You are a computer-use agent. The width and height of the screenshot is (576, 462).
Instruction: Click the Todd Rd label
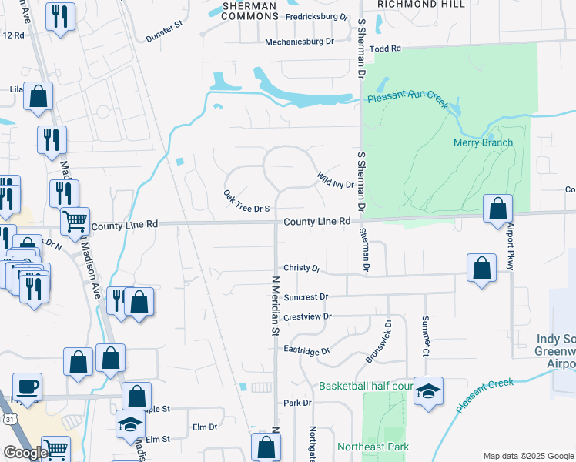(x=386, y=49)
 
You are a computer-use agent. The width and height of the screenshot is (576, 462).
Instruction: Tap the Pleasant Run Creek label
(x=407, y=100)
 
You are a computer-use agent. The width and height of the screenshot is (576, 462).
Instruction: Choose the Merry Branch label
(x=483, y=142)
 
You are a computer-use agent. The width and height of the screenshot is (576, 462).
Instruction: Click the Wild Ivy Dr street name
(x=335, y=180)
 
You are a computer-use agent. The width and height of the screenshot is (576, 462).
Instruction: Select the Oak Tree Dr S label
(x=247, y=201)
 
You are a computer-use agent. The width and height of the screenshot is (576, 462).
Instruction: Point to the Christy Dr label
(x=301, y=268)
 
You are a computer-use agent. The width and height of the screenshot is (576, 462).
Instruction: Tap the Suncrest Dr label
(x=306, y=296)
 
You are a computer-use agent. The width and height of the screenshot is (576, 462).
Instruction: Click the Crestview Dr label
(x=307, y=316)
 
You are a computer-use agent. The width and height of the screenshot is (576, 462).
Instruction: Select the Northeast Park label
(x=373, y=447)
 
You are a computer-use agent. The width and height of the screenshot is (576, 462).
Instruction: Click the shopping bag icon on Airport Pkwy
(x=498, y=209)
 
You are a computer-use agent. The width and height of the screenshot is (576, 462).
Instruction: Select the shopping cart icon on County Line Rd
(x=75, y=221)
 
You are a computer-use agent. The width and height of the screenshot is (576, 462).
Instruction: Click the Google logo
(x=27, y=452)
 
